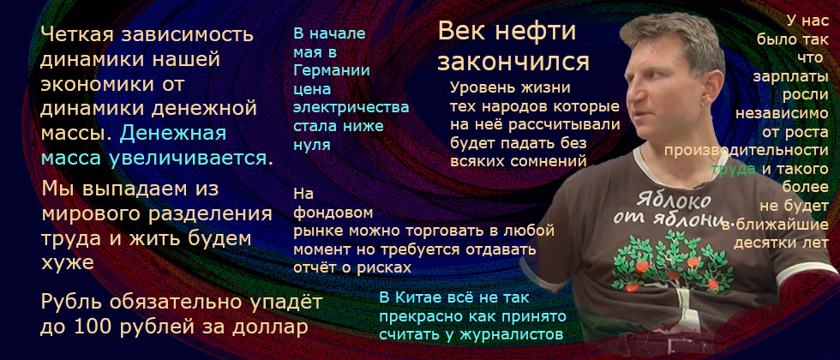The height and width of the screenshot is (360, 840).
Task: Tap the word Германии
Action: pos(332,71)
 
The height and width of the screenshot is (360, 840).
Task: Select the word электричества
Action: pos(351,108)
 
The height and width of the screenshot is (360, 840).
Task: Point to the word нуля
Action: pos(311,145)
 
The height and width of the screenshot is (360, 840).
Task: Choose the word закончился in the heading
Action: pos(513,63)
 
